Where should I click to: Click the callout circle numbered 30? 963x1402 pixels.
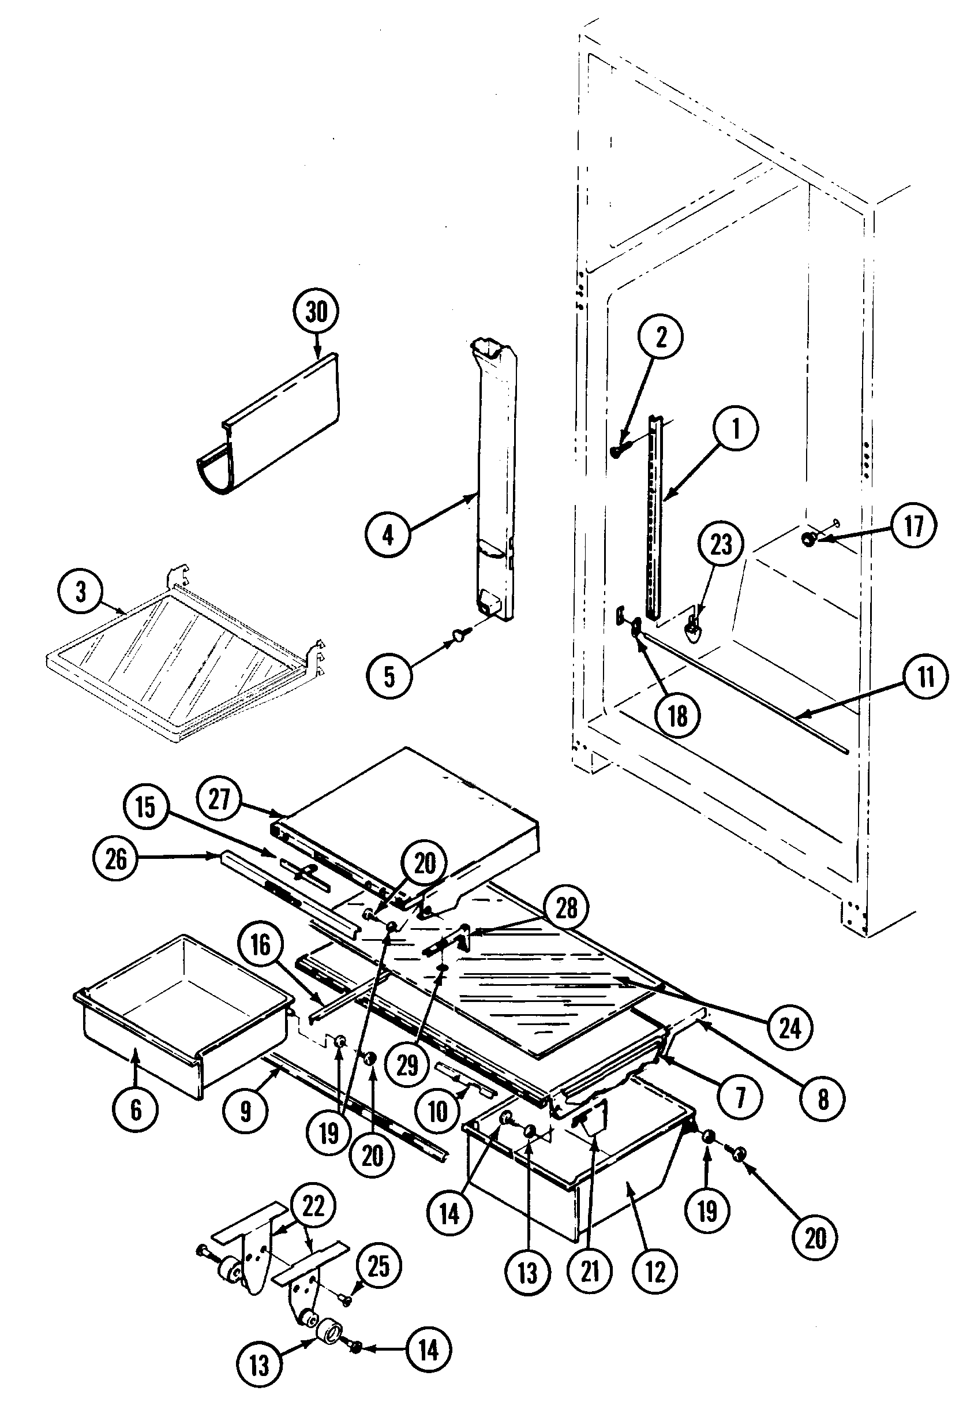pos(316,313)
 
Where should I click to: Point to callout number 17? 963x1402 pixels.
pos(913,526)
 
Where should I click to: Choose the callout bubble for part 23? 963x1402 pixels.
pos(721,544)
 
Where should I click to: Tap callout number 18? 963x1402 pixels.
pos(677,716)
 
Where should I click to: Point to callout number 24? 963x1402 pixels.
pos(790,1027)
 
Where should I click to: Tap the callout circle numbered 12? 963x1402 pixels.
pos(655,1272)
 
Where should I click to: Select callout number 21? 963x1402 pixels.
pos(590,1272)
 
